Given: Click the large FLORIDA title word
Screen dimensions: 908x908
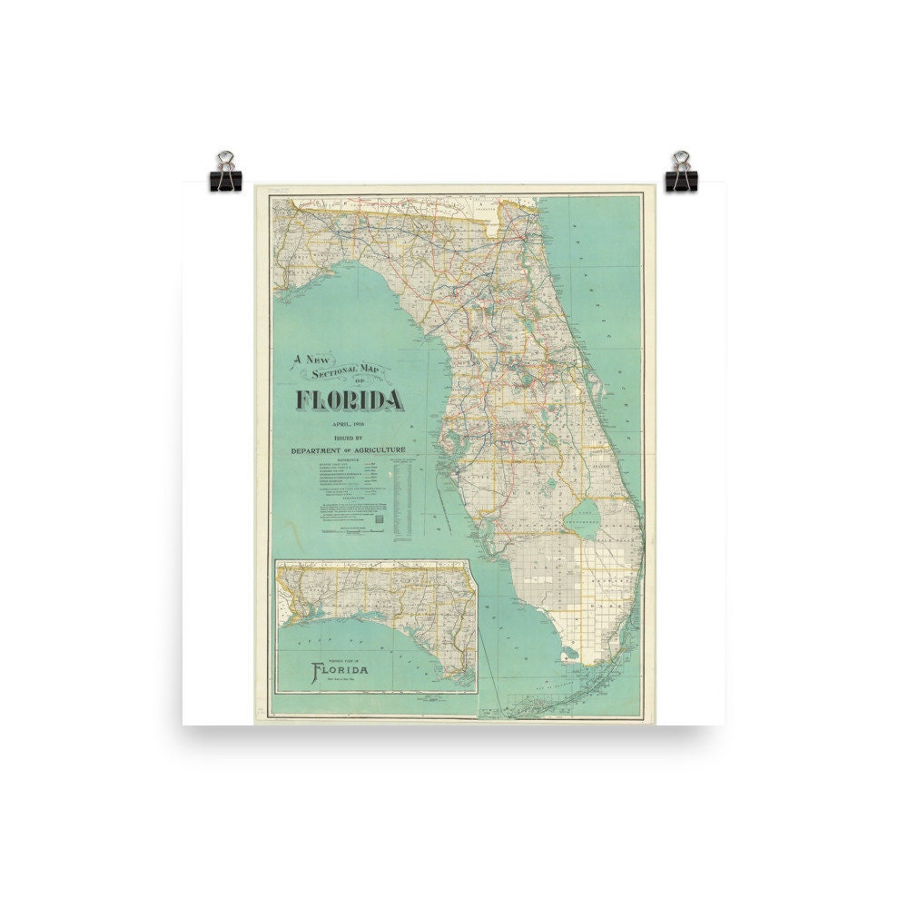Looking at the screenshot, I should [x=349, y=399].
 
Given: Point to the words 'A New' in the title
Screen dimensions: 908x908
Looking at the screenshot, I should [x=308, y=360].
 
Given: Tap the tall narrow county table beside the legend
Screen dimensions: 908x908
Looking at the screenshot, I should [x=405, y=495].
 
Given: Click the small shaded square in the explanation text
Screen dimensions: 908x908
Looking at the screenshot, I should [x=381, y=519].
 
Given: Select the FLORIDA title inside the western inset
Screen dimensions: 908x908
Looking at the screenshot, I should [x=341, y=672].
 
